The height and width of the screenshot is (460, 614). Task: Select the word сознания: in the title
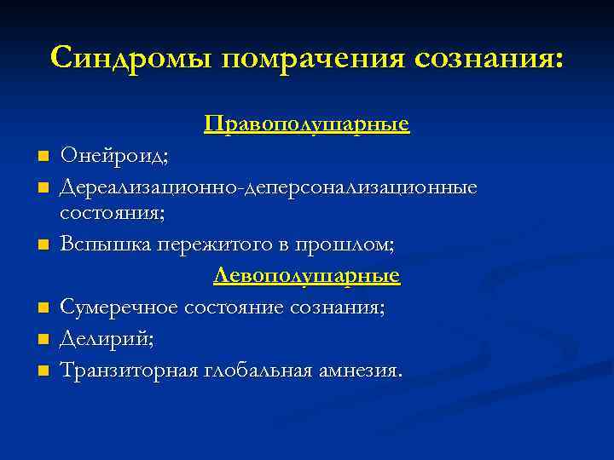[489, 58]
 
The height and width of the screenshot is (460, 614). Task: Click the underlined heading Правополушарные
[307, 125]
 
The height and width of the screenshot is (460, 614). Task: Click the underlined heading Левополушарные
[307, 276]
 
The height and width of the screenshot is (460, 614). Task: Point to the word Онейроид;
[113, 157]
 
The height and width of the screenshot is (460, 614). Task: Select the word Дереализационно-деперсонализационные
[269, 186]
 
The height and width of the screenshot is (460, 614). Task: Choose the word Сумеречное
[119, 308]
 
